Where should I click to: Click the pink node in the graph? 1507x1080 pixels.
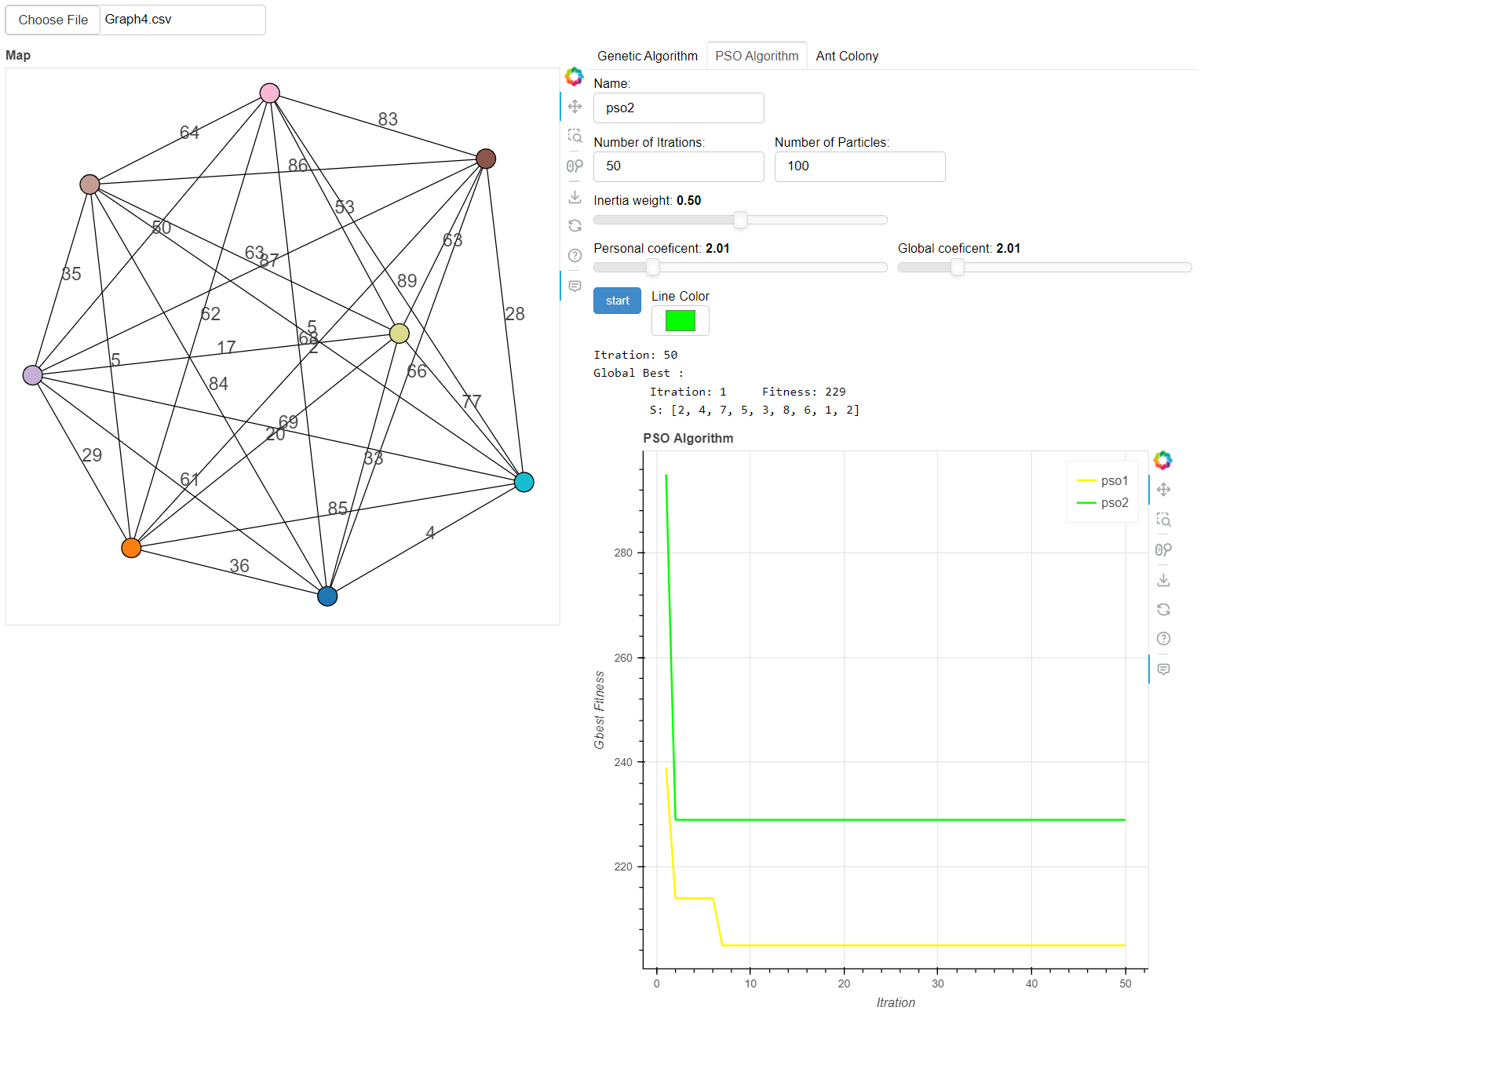(269, 93)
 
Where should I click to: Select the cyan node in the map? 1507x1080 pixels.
(524, 482)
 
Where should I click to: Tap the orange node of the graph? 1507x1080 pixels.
(131, 548)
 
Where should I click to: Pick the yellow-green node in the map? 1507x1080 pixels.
(400, 334)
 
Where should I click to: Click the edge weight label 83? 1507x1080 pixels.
(388, 119)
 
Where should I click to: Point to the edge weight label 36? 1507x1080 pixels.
(239, 566)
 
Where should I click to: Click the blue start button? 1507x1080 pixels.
(617, 301)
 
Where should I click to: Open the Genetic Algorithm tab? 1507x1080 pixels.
(647, 56)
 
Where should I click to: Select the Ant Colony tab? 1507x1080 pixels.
(847, 56)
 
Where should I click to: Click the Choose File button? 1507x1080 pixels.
(53, 20)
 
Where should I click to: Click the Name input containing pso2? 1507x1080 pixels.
(678, 108)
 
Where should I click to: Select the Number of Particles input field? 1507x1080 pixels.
(859, 166)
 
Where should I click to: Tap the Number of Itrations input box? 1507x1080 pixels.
(678, 166)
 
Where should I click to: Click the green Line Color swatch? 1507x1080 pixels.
(680, 320)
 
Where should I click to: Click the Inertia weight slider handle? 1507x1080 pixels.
(740, 220)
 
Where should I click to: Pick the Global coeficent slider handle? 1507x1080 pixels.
(957, 268)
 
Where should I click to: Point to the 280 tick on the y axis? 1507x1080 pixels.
(623, 553)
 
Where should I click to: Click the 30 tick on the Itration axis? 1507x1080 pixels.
(938, 983)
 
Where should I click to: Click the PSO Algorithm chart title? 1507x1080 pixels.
(688, 438)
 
